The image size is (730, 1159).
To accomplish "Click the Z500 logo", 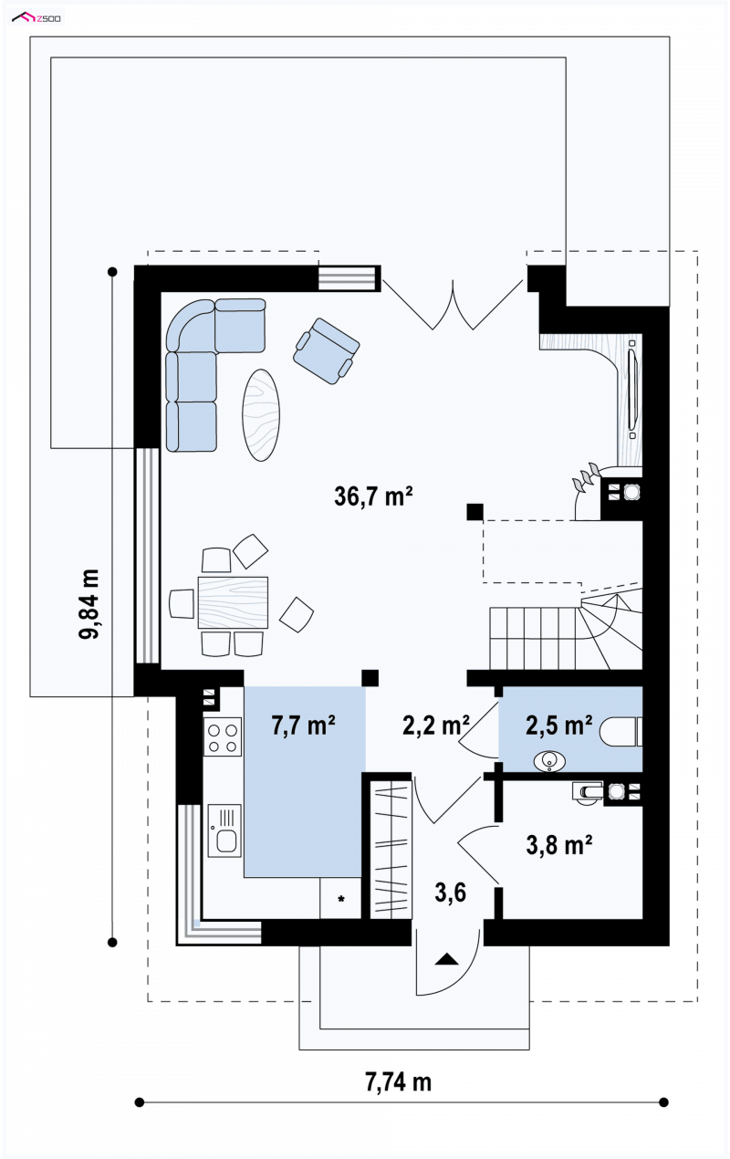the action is pyautogui.click(x=36, y=18).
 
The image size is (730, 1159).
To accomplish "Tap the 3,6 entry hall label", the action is pyautogui.click(x=450, y=893).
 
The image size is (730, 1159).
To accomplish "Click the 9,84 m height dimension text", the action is pyautogui.click(x=89, y=604).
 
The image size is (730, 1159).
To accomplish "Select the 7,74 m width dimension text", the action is pyautogui.click(x=398, y=1081).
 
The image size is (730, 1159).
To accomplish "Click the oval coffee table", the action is pyautogui.click(x=261, y=415).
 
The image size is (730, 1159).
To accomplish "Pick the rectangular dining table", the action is pyautogui.click(x=233, y=602).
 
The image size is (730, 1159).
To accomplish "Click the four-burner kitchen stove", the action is pyautogui.click(x=223, y=736).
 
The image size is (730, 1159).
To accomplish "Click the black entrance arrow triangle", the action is pyautogui.click(x=447, y=959).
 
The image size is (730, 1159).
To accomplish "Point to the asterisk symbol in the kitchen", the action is pyautogui.click(x=341, y=899).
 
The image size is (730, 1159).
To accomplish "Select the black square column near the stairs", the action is pyautogui.click(x=474, y=512).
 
